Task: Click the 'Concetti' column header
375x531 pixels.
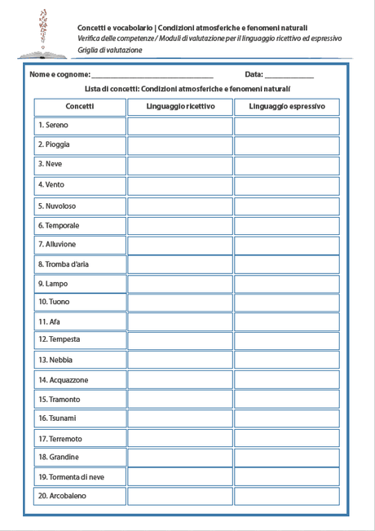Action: [x=80, y=106]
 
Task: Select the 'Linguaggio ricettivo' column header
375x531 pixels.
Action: [x=180, y=106]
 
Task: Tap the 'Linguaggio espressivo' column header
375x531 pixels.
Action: [x=286, y=106]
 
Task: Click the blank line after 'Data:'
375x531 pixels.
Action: [x=289, y=75]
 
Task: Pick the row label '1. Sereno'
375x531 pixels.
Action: [x=53, y=126]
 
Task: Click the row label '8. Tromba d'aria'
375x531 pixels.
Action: [x=63, y=264]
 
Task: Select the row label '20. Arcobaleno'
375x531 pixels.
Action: [x=62, y=496]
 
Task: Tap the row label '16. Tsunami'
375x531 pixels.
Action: [x=57, y=418]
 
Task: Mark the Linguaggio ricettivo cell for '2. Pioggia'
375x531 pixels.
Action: [x=180, y=145]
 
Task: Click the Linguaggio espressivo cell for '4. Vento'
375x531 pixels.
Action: [x=286, y=185]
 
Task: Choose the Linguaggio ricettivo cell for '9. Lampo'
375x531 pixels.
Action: [x=180, y=284]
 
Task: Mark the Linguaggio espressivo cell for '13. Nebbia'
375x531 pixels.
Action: [x=286, y=360]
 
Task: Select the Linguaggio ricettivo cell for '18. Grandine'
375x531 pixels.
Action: [x=180, y=457]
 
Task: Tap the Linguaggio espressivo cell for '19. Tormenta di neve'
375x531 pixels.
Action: [x=286, y=476]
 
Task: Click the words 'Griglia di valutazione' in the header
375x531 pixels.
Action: [x=110, y=51]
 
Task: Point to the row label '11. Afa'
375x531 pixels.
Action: [x=49, y=321]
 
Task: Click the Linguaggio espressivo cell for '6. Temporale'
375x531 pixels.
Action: [x=286, y=225]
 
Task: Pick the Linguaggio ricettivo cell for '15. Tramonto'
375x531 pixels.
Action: [x=180, y=400]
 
